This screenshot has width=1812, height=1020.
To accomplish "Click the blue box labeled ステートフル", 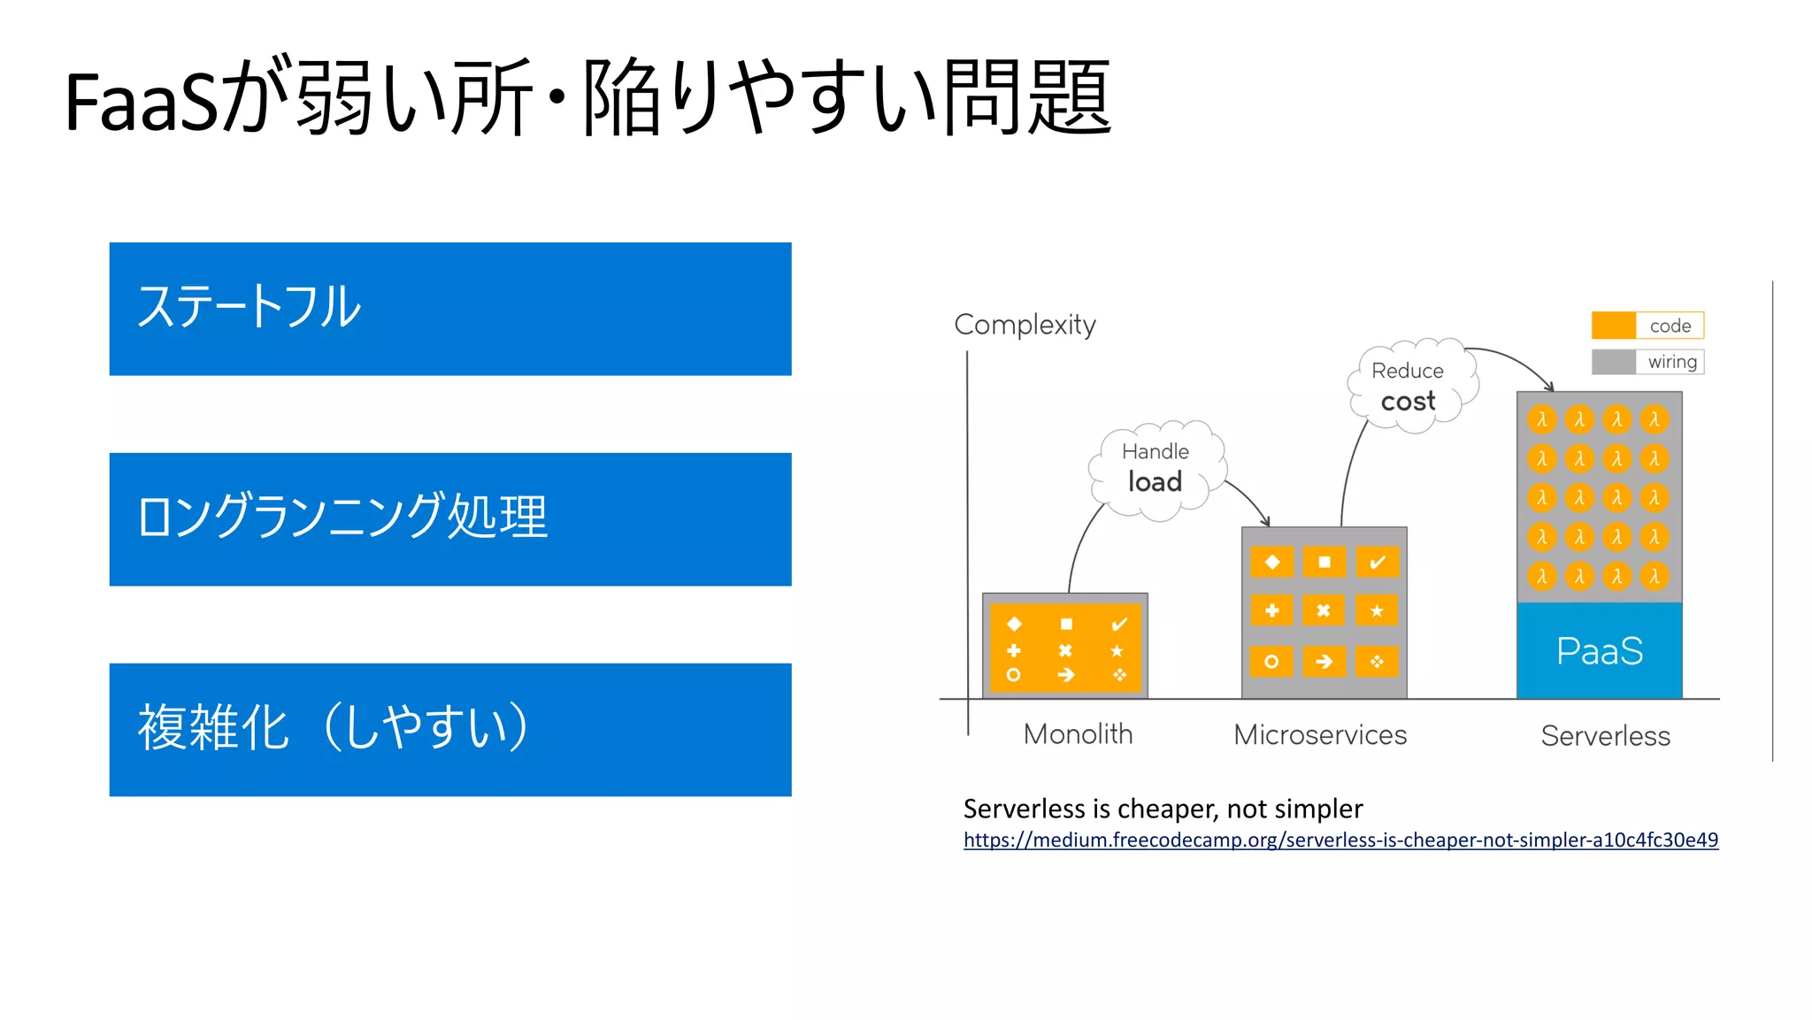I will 449,309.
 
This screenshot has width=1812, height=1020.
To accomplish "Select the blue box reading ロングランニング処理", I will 449,519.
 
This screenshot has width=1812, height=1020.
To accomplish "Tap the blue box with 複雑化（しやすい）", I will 449,730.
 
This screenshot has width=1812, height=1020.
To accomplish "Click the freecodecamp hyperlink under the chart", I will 1340,840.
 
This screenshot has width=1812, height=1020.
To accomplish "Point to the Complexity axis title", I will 1025,325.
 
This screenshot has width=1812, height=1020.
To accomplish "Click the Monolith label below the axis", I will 1078,734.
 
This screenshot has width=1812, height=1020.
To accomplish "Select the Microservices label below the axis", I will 1320,734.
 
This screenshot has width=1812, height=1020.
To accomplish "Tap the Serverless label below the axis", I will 1605,736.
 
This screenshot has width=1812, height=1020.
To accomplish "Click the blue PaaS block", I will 1599,651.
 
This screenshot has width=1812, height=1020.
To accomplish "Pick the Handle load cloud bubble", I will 1156,469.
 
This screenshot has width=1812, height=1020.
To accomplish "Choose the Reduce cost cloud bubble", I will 1409,387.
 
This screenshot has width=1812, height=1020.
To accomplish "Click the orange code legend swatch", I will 1614,326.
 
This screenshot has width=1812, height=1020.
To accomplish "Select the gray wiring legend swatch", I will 1614,362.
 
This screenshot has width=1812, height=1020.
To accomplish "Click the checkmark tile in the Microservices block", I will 1377,562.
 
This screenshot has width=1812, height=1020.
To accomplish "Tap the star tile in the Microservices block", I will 1377,610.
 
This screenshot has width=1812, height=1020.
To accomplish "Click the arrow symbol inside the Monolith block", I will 1066,675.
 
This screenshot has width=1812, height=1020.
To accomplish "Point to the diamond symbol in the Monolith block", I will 1014,624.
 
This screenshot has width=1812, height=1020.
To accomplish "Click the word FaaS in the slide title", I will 142,103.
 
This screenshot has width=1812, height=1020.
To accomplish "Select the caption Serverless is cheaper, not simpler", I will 1163,809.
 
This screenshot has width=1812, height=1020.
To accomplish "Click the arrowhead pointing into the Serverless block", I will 1549,387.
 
